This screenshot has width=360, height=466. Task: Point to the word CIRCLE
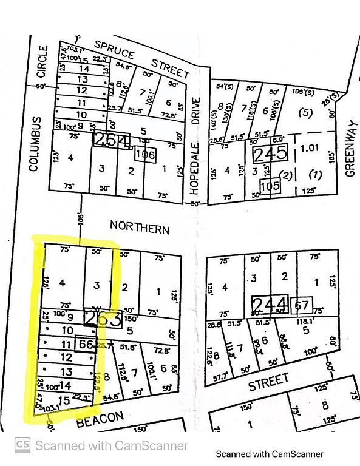(x=42, y=62)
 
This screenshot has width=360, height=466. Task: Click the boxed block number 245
(x=270, y=153)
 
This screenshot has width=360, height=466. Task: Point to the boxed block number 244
(x=271, y=304)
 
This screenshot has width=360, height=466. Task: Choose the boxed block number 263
(x=103, y=319)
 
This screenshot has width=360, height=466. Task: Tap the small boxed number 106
(x=146, y=155)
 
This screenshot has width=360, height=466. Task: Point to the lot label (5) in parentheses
(x=305, y=112)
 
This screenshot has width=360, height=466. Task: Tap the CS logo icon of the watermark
(x=22, y=445)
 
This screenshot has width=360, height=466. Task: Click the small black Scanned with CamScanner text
(x=270, y=453)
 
